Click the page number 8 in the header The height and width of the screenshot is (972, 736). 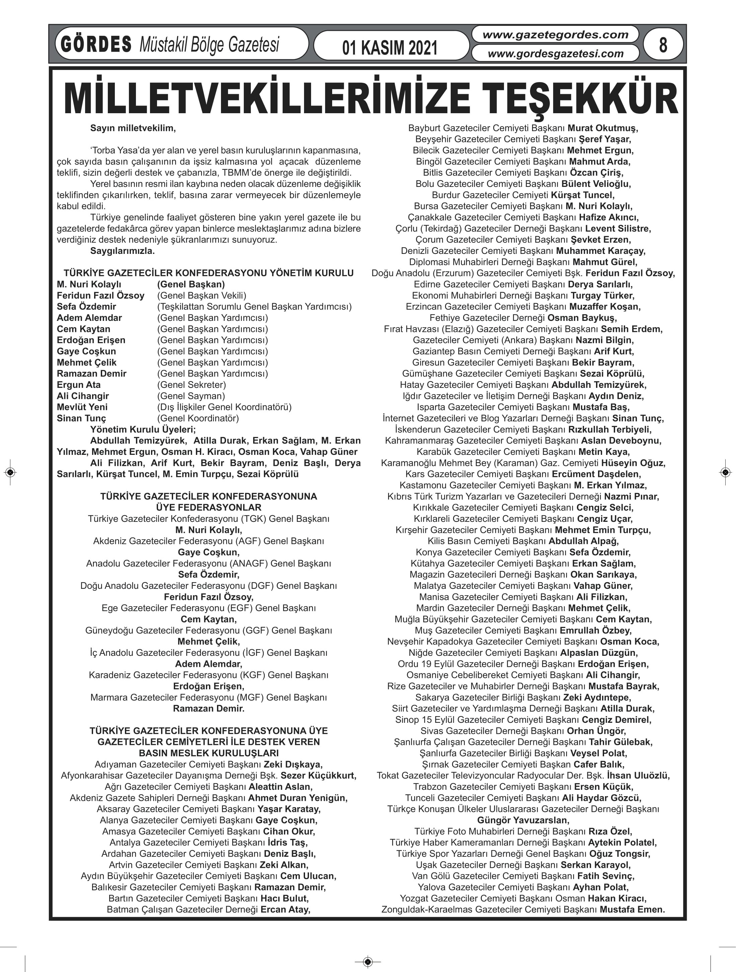coord(663,45)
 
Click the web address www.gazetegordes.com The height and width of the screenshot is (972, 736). coord(556,35)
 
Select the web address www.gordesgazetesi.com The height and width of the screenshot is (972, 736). coord(556,54)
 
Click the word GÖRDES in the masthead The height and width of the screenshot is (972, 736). coord(96,45)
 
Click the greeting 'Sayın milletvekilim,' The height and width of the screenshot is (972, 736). coord(133,128)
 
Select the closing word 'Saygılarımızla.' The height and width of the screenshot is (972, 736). coord(122,251)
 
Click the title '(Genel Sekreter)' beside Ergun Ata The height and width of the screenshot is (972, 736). coord(192,385)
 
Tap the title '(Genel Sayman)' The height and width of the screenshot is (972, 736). coord(191,396)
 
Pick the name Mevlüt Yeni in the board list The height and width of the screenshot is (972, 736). coord(82,407)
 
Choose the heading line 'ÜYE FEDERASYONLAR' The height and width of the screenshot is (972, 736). coord(209,507)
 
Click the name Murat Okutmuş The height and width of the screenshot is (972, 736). coord(603,128)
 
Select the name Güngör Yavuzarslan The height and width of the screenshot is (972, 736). coord(523,820)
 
